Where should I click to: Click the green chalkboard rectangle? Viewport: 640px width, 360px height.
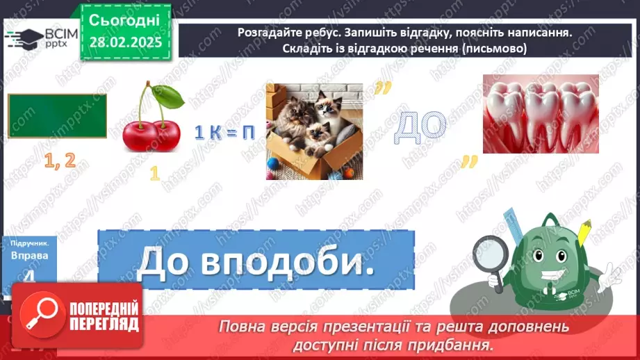tap(57, 116)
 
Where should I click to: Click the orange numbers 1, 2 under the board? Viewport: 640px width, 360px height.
tap(59, 161)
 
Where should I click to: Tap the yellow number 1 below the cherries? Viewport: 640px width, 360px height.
tap(154, 174)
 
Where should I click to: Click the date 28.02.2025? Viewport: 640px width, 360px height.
tap(125, 42)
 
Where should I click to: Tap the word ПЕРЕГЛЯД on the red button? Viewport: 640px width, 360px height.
tap(104, 324)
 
